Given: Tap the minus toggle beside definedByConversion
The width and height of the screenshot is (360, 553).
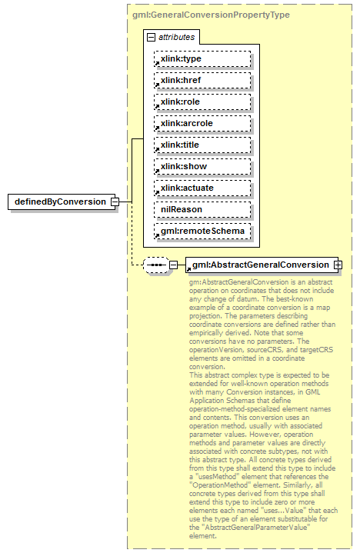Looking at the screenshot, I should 114,202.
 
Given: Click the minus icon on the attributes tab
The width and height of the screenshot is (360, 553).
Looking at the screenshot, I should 151,37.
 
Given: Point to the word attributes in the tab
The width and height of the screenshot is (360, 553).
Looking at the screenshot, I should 177,37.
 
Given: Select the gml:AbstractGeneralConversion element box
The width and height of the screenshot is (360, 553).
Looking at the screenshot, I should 260,265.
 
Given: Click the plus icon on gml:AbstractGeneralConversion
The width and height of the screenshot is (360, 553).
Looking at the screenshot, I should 337,265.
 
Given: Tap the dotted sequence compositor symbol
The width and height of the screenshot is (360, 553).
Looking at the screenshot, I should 156,265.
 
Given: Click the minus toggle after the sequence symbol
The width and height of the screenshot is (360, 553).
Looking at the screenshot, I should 173,265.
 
